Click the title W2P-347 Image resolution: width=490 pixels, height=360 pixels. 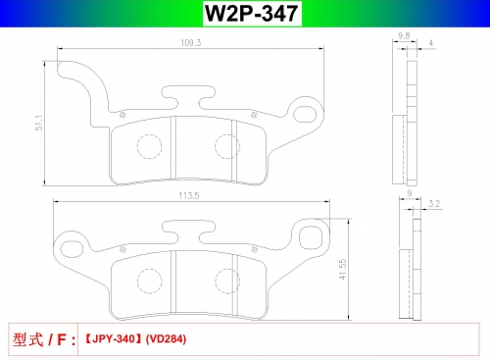(x=251, y=14)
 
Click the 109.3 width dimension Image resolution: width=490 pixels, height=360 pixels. (x=191, y=43)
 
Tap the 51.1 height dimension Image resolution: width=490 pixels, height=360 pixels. (x=39, y=123)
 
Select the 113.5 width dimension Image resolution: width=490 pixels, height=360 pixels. (x=189, y=195)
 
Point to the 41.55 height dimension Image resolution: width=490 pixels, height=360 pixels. (x=342, y=269)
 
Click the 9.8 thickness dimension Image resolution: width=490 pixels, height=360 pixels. (x=404, y=36)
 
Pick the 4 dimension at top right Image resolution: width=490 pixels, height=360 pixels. (x=431, y=43)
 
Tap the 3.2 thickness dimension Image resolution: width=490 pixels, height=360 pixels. (x=434, y=203)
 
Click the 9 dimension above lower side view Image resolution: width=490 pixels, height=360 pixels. (x=410, y=193)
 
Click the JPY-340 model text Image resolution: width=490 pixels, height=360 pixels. (x=113, y=338)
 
